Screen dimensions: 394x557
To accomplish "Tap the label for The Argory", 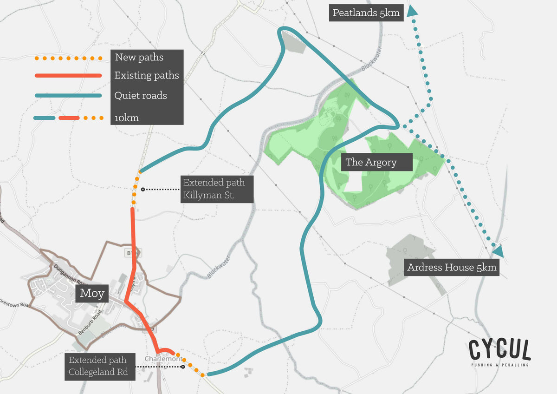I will (371, 162).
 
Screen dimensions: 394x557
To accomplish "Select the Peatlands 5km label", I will (366, 13).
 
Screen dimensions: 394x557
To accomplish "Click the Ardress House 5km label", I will (452, 267).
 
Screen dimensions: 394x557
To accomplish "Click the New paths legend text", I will (139, 58).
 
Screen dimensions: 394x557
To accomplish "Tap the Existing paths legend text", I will (147, 75).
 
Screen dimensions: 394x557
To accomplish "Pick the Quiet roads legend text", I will (141, 96).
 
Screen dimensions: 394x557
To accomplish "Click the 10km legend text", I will (127, 118).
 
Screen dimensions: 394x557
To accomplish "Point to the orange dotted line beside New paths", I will (68, 59).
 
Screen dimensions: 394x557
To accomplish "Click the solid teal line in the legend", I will (68, 96).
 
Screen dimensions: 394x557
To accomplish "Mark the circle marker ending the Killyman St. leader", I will (143, 189).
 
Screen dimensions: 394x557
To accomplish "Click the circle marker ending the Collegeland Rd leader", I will (183, 367).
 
